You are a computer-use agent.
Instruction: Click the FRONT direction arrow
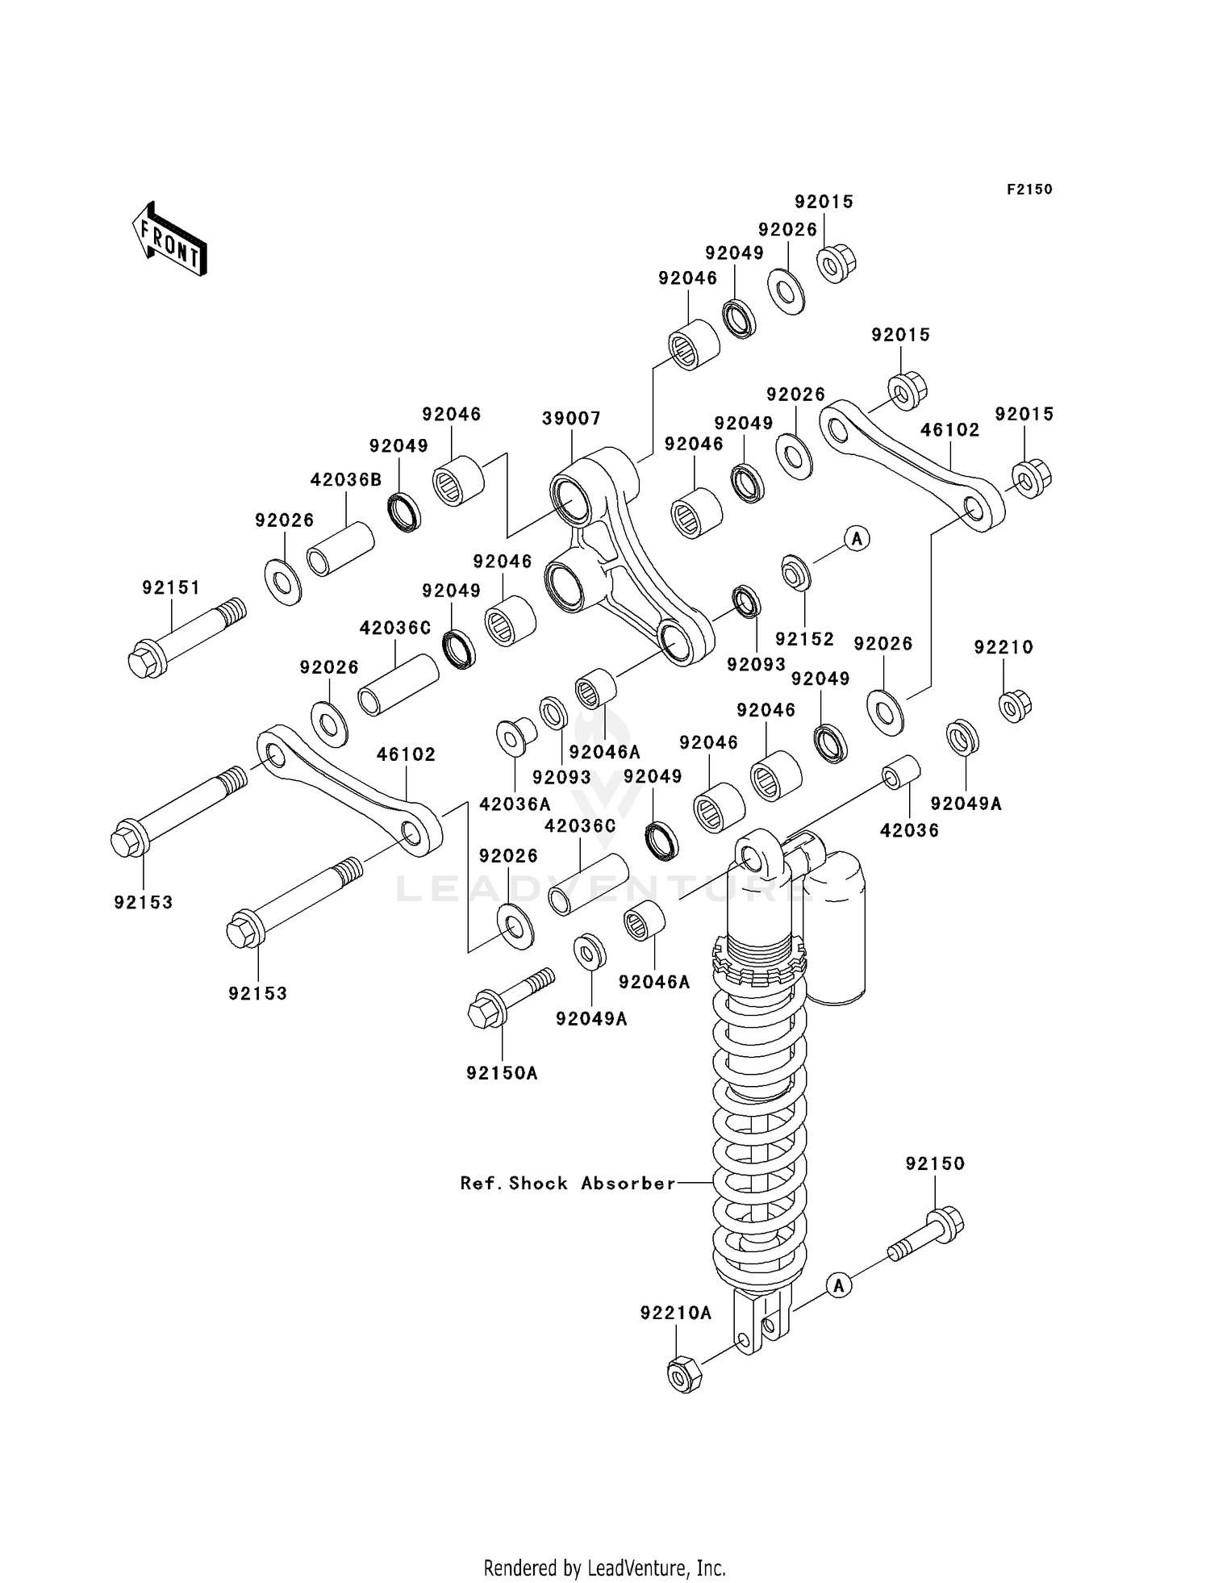(x=169, y=240)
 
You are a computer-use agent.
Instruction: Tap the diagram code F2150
(x=1029, y=190)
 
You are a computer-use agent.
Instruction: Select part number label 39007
(x=571, y=418)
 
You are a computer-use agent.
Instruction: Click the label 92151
(x=171, y=587)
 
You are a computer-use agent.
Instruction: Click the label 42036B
(x=346, y=480)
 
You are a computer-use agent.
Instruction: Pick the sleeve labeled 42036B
(x=341, y=550)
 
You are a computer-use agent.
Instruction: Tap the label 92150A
(x=502, y=1073)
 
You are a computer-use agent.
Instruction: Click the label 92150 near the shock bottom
(x=935, y=1163)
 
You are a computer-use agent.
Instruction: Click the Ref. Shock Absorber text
(x=568, y=1183)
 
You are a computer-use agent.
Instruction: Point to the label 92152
(x=804, y=639)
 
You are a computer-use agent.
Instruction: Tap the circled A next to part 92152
(x=857, y=537)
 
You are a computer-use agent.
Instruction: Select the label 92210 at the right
(x=1003, y=647)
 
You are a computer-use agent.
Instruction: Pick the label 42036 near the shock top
(x=909, y=830)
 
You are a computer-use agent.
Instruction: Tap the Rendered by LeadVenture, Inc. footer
(x=604, y=1568)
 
